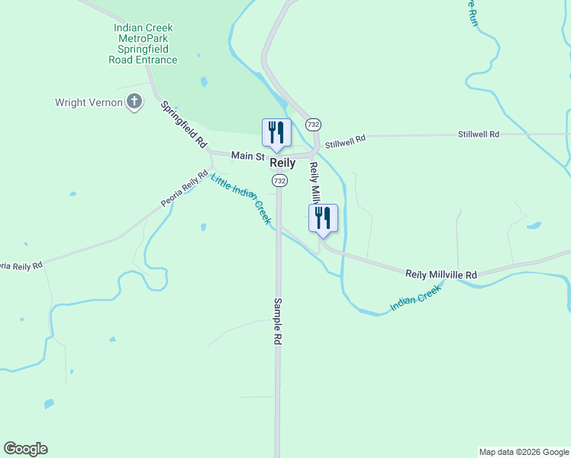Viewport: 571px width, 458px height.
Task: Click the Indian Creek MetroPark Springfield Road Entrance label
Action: (143, 44)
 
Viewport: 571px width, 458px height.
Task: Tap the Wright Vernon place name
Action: (89, 102)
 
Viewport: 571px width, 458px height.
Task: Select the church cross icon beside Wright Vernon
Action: (134, 102)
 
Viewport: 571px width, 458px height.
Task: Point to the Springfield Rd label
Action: (184, 124)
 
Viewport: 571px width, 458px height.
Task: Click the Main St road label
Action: (247, 156)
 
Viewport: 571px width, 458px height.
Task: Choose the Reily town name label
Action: (282, 163)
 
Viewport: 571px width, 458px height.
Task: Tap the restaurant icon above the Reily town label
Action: (276, 132)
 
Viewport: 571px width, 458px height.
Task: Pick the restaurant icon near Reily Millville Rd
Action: (323, 218)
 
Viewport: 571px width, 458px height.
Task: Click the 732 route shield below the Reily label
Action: (280, 180)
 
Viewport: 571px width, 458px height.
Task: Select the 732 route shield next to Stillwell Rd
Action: (313, 124)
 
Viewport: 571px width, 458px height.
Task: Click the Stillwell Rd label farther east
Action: (478, 134)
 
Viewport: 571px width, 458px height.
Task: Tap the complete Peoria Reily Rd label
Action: (185, 189)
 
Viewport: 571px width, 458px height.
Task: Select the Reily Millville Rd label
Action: (440, 274)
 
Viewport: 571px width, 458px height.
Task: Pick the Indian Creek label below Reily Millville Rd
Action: (416, 298)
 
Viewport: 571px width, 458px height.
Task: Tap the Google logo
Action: (25, 449)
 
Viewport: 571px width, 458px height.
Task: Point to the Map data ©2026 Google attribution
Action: (524, 452)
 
